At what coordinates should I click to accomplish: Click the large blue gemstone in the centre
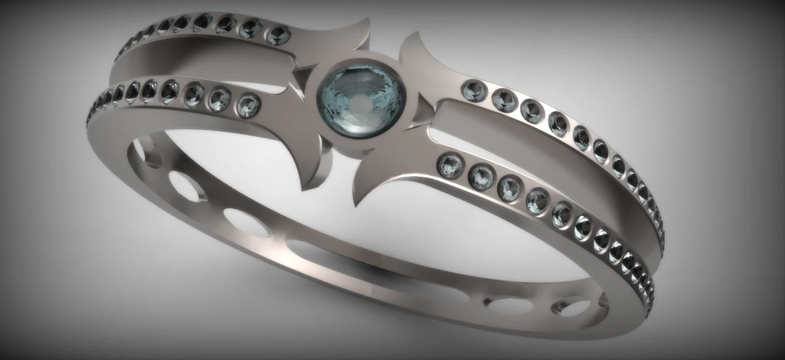361,98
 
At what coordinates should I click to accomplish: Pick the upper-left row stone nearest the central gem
278,34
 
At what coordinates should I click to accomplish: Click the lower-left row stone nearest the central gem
248,105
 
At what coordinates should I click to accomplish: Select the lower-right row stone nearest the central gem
451,166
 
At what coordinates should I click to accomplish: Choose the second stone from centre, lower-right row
481,177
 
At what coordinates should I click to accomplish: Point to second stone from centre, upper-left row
251,29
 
